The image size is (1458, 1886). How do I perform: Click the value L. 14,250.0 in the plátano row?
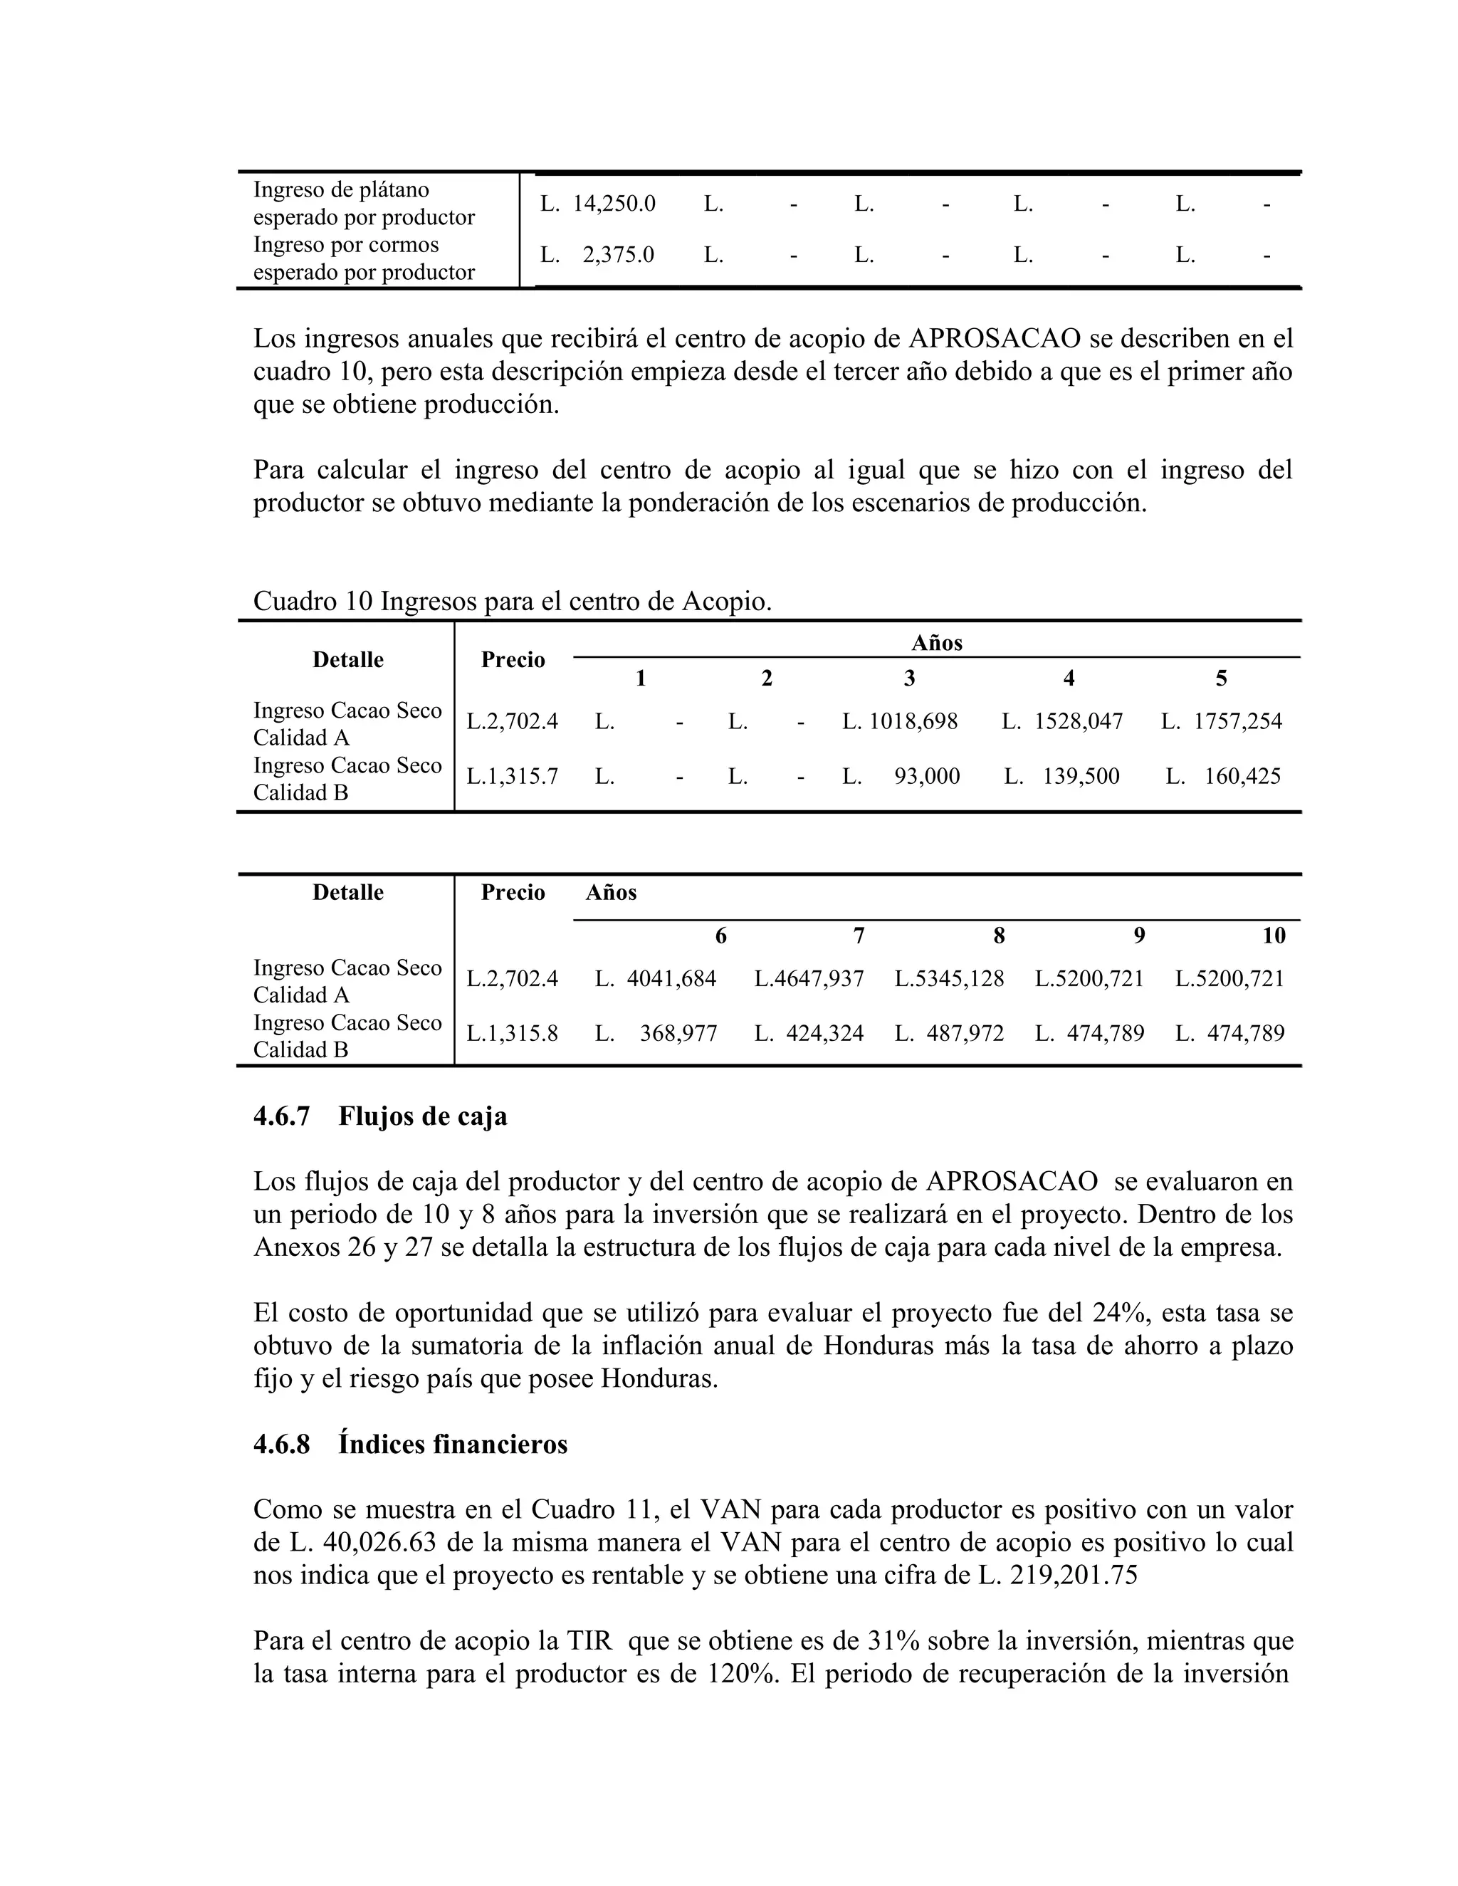[x=598, y=204]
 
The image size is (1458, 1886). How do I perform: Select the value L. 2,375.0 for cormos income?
[x=598, y=255]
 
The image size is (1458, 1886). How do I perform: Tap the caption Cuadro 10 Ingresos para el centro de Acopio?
[x=512, y=601]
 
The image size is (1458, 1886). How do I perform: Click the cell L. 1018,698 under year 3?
[x=900, y=721]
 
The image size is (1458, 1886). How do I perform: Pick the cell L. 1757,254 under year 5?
[x=1222, y=721]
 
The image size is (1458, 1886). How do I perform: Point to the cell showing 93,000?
[x=926, y=775]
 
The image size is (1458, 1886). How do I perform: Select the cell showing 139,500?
[x=1080, y=775]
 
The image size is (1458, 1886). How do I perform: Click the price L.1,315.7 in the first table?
[x=512, y=775]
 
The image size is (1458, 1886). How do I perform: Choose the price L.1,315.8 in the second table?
[x=512, y=1033]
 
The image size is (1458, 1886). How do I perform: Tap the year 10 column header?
[x=1273, y=936]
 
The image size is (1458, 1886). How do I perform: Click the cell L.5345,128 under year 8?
[x=949, y=978]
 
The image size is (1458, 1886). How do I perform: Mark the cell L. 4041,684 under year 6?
[x=656, y=978]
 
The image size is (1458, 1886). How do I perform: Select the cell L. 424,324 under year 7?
[x=809, y=1033]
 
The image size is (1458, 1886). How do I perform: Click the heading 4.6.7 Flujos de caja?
[x=380, y=1116]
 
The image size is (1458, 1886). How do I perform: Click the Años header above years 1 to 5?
[x=936, y=642]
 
